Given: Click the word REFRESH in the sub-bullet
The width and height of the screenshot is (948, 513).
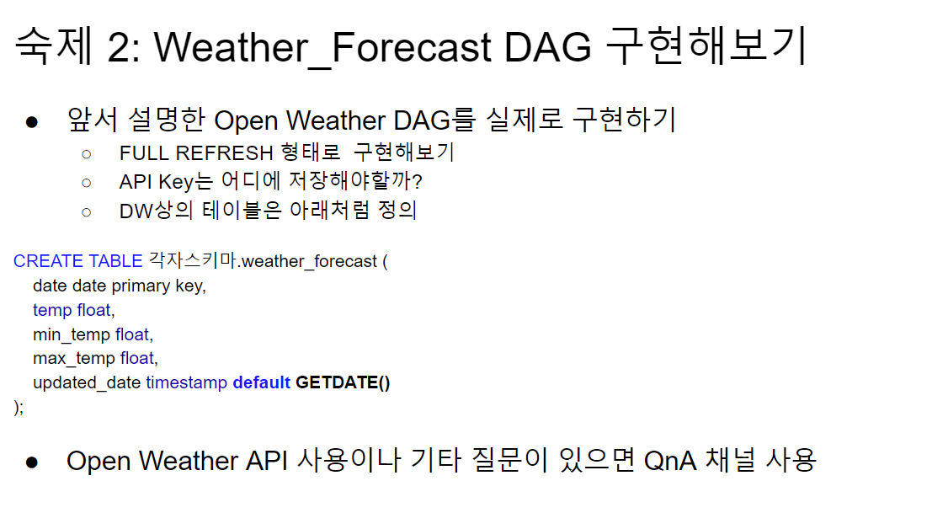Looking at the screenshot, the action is [x=224, y=153].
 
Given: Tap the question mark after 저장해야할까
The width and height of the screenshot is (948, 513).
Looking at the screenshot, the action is [x=416, y=181].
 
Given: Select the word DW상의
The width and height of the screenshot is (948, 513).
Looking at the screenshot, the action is [x=156, y=211].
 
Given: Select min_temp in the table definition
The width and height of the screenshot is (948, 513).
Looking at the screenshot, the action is [x=72, y=334].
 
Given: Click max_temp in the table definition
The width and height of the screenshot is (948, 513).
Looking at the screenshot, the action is [x=74, y=358].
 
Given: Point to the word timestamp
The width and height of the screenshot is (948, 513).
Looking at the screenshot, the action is [x=186, y=382].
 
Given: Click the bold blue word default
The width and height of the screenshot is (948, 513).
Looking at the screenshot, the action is [x=261, y=382].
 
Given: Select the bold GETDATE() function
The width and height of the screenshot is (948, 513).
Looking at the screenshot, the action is [x=343, y=382].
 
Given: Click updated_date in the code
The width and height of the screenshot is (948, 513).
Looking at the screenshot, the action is [x=87, y=383].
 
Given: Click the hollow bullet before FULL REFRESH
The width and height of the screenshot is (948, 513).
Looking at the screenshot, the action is [x=87, y=154].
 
